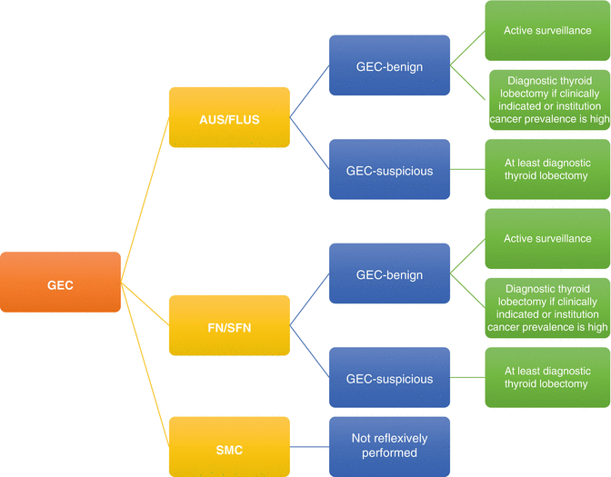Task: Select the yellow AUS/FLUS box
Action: [228, 117]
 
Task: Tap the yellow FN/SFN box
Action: [228, 323]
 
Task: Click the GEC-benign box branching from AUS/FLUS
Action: [389, 65]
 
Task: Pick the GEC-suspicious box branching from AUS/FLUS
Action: [389, 169]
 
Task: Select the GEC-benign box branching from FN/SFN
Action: [389, 273]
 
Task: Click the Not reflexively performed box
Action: [389, 445]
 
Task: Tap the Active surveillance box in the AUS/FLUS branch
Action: [547, 31]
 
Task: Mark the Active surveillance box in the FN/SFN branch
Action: [547, 239]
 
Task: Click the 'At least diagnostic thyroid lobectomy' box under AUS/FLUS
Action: [547, 169]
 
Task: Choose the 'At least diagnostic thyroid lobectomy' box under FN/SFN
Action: [547, 377]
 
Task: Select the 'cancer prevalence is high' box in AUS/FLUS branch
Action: [547, 98]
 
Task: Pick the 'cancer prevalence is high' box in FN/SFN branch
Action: [547, 306]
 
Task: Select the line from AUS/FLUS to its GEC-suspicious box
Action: [309, 144]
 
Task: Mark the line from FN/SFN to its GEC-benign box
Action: [309, 299]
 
